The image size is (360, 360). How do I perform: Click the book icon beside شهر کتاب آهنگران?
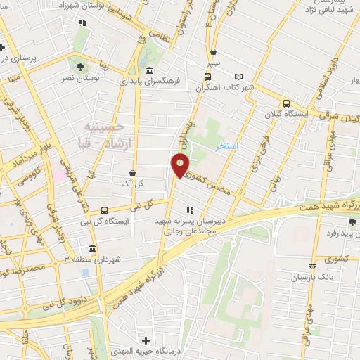point(238,76)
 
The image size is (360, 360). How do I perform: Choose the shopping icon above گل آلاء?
point(133,172)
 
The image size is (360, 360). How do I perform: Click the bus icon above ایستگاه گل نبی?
point(104,210)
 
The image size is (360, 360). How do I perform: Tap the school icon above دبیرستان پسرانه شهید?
point(189,210)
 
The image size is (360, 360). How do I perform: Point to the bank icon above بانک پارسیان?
point(313,267)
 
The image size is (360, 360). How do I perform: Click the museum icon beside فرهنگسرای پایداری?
point(150,70)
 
